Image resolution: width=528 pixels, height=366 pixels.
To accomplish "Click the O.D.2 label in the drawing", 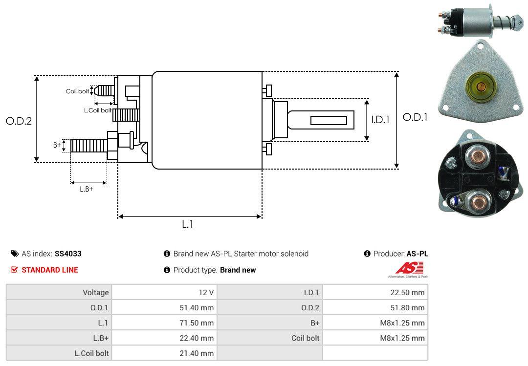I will (x=19, y=121).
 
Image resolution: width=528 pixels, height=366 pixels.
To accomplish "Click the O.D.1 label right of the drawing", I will (x=415, y=117).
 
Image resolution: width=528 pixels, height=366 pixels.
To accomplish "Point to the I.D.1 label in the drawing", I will (x=380, y=119).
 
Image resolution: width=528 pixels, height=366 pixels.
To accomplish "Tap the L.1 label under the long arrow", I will (x=188, y=224).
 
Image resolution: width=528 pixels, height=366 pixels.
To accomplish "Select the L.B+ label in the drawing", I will (x=87, y=189).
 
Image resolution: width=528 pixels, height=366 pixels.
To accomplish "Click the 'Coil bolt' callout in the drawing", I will (x=77, y=91).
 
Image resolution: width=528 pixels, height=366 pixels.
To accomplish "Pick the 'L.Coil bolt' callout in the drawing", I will (x=98, y=110).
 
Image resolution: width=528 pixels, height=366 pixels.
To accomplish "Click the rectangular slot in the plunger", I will (x=329, y=120).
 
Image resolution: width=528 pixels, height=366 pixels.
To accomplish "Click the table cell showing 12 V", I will (x=205, y=293).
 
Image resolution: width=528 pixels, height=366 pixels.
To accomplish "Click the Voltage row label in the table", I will (x=95, y=293).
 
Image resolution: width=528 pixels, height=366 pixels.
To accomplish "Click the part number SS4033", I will (x=68, y=254).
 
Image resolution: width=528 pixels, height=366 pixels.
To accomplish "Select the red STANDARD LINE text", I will (x=49, y=270).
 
